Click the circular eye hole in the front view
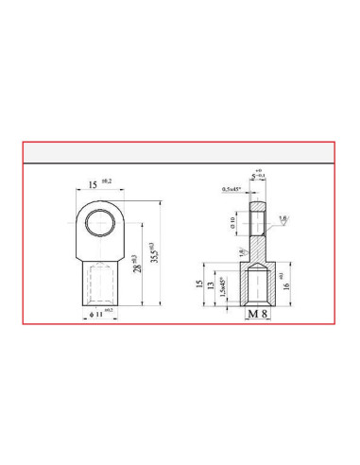coord(98,223)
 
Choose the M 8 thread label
coord(258,312)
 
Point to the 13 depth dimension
coord(211,286)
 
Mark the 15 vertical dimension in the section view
coord(198,284)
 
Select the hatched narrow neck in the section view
coord(258,250)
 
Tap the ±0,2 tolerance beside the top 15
coord(105,181)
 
